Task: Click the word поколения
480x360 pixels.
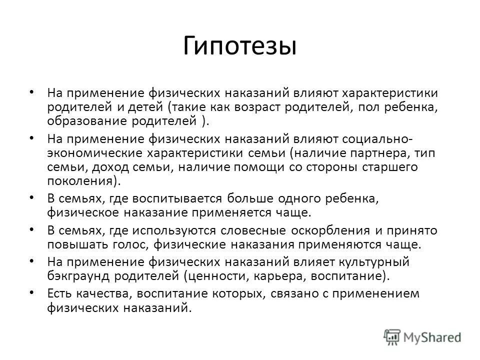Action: click(x=83, y=181)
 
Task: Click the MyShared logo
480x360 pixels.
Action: click(x=422, y=336)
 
